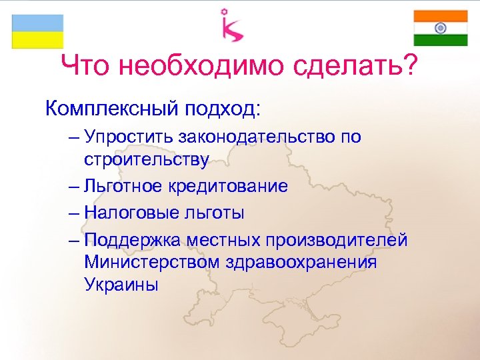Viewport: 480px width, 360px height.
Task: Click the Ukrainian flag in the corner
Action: (37, 31)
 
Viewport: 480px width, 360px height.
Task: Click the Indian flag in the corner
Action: (440, 28)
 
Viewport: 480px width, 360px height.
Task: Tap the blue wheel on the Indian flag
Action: (440, 28)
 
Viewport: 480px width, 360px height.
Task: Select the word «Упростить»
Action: (128, 137)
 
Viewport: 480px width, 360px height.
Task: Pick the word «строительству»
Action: (147, 160)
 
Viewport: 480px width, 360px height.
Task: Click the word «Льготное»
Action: (123, 186)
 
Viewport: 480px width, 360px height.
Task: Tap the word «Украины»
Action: (122, 285)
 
